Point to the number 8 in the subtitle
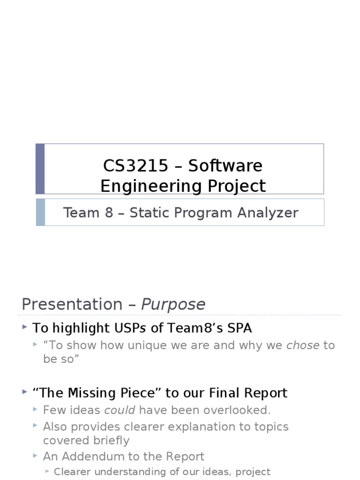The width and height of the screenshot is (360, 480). tap(109, 213)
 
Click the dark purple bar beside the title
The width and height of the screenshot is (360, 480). tap(40, 169)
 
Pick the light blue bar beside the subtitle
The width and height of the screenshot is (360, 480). tap(40, 212)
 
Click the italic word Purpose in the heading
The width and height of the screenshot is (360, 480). tap(173, 304)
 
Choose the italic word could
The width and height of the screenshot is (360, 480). tap(120, 410)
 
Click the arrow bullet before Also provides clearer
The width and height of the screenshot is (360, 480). tap(35, 426)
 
